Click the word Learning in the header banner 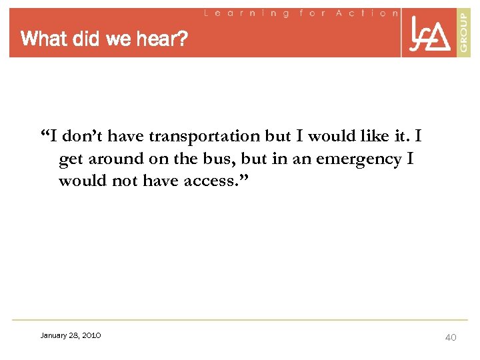[246, 13]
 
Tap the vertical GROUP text [463, 31]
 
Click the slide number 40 [451, 337]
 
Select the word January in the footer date [55, 335]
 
